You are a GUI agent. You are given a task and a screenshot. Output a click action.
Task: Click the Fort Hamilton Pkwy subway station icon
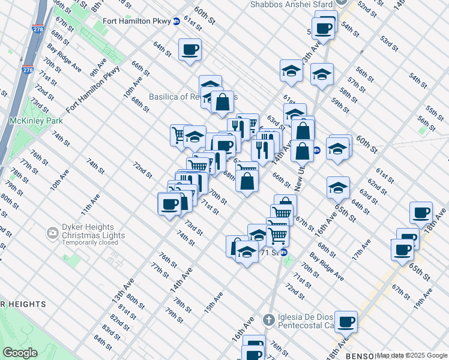[x=176, y=22]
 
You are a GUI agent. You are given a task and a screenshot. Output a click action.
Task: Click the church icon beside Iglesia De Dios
[x=268, y=319]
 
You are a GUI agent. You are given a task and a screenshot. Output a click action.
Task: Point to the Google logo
[x=20, y=353]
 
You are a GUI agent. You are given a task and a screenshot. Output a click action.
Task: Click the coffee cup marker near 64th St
[x=190, y=50]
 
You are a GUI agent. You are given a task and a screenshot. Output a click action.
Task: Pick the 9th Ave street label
[x=98, y=67]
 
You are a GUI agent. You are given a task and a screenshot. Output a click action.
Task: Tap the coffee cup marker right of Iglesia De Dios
[x=346, y=322]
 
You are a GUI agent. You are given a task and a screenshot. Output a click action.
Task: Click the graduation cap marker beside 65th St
[x=338, y=188]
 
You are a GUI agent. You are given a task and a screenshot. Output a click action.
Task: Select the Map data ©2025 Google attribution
[x=412, y=355]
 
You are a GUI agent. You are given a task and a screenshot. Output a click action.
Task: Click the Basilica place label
[x=184, y=97]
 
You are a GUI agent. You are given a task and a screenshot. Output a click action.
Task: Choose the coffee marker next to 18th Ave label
[x=421, y=212]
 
